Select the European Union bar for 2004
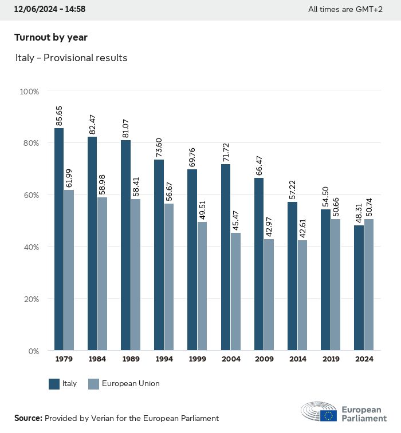236,291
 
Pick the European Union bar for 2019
336,284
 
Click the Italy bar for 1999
192,260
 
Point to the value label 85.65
59,116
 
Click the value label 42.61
302,227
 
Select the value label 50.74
369,206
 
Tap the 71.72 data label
225,151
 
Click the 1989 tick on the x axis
130,359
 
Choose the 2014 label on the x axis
297,359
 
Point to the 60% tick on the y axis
30,195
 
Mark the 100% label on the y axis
29,92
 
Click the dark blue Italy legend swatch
54,384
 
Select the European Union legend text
131,384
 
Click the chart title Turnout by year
51,37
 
